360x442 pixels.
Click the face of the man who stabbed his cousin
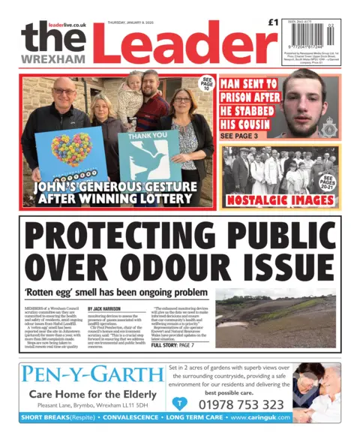point(307,109)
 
